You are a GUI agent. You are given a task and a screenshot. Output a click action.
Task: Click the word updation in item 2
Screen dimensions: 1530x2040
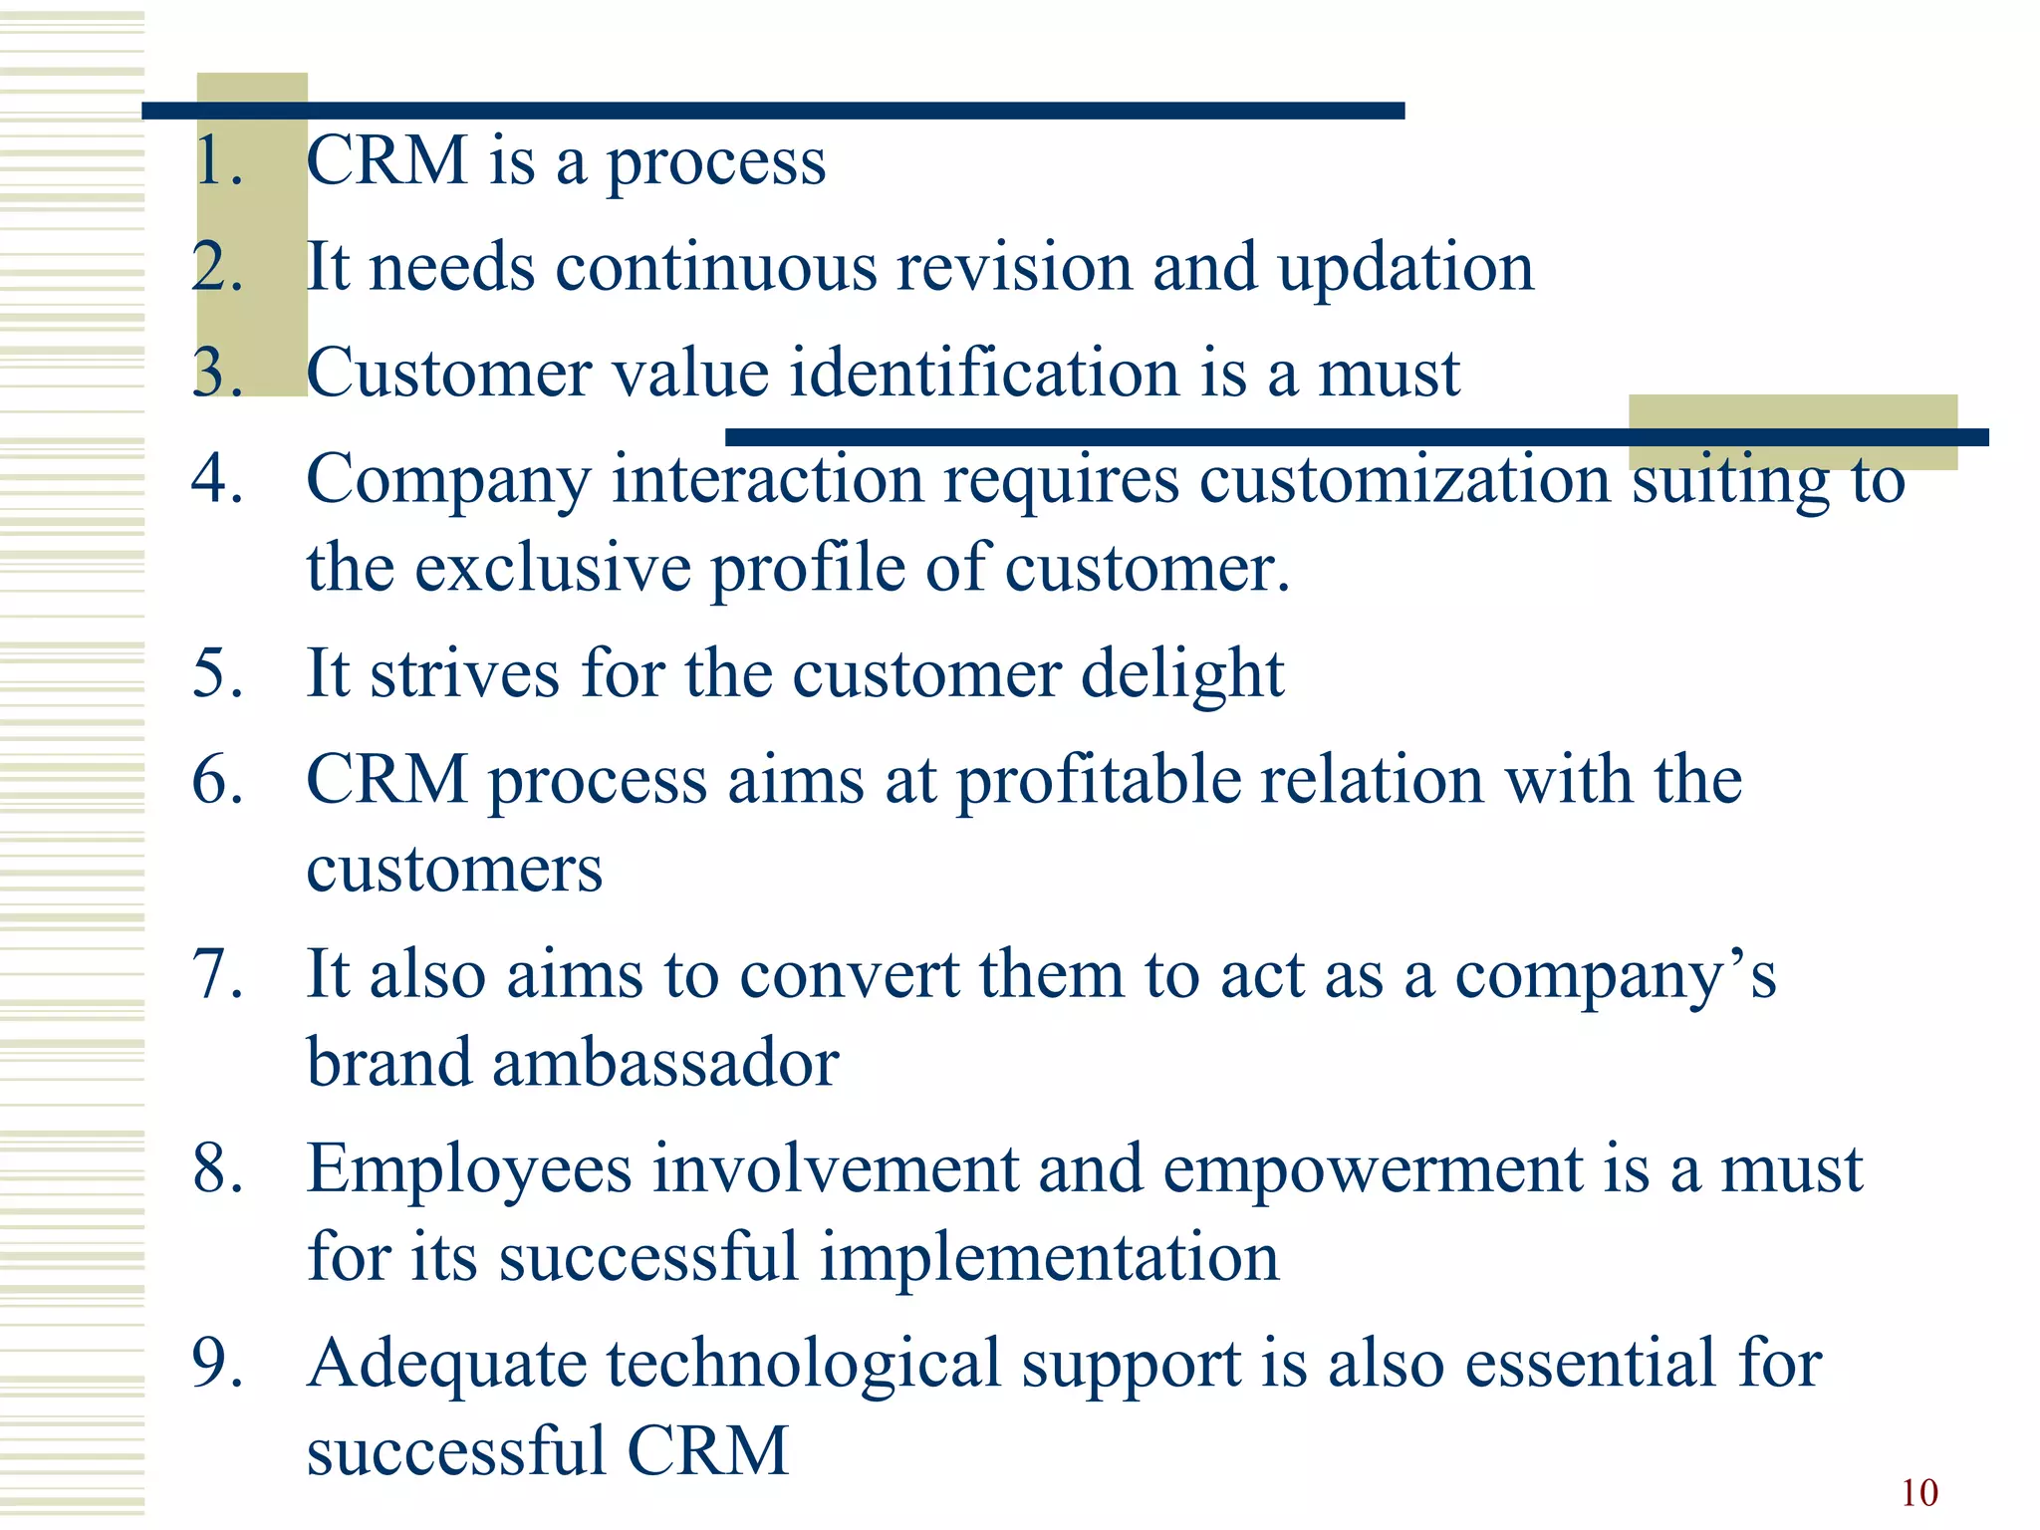[x=1405, y=269]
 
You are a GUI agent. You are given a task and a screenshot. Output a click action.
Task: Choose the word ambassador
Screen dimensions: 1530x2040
[x=664, y=1063]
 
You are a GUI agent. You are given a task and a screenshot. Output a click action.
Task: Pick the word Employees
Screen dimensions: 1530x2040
[x=469, y=1170]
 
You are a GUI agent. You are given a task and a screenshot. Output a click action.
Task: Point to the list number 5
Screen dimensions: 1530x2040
[x=217, y=673]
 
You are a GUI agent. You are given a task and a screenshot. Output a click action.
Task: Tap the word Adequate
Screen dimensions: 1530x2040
[x=447, y=1365]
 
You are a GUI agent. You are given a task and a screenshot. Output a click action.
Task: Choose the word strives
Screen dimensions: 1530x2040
[x=464, y=674]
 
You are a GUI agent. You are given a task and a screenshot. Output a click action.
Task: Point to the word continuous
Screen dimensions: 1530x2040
[x=716, y=269]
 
